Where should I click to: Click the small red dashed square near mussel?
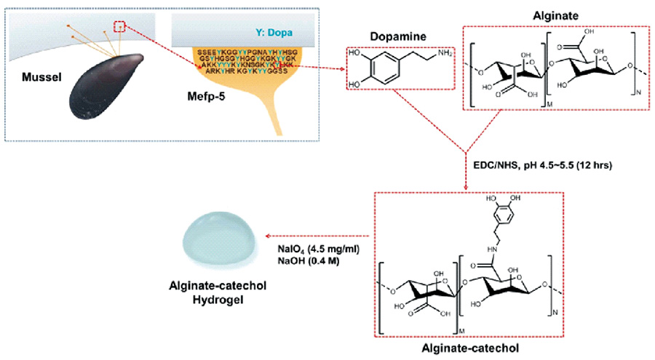[x=122, y=27]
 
